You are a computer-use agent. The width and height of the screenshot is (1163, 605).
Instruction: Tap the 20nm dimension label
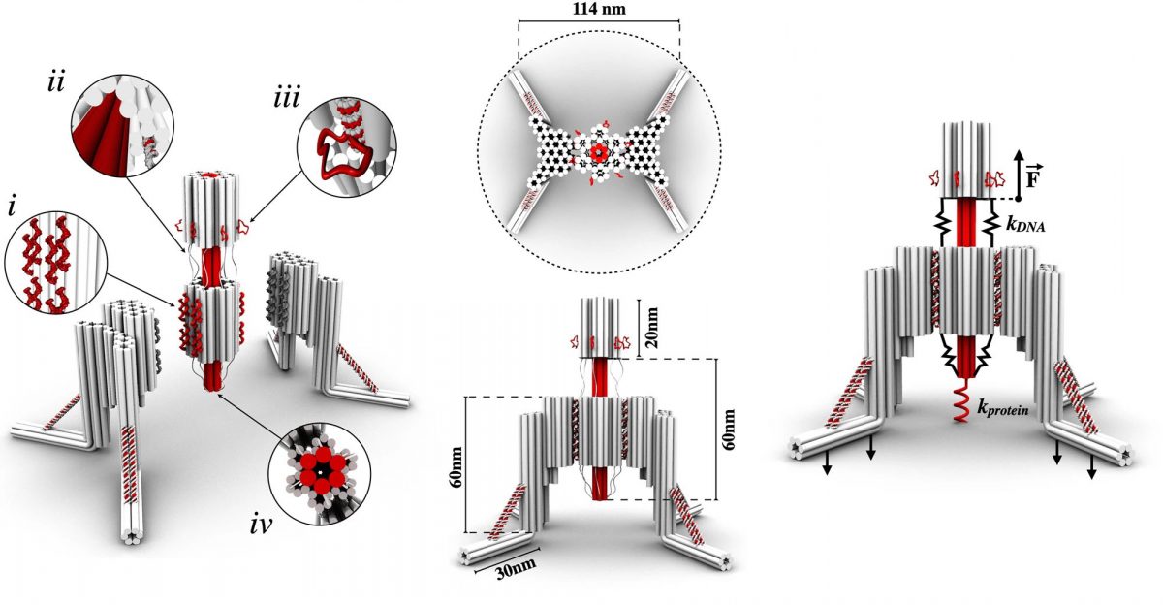click(651, 328)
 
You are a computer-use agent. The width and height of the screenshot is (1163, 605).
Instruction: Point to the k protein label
click(1002, 409)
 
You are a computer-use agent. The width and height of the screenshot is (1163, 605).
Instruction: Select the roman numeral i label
click(12, 207)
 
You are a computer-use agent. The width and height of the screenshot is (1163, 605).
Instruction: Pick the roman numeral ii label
click(56, 83)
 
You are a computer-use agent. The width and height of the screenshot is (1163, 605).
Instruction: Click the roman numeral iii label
click(287, 98)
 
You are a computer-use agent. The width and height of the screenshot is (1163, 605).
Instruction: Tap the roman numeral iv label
click(261, 525)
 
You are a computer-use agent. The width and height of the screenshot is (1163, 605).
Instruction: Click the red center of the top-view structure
click(600, 152)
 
